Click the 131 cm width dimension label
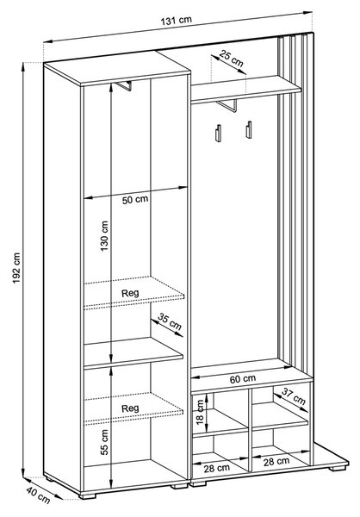(x=176, y=20)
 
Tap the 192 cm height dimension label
(x=16, y=268)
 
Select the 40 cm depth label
(x=38, y=495)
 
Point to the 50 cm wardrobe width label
(x=135, y=200)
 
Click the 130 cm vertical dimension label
(x=104, y=236)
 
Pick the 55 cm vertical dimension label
(x=104, y=442)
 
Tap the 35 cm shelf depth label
(x=170, y=321)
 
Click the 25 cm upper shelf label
(x=231, y=59)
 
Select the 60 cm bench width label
(x=243, y=379)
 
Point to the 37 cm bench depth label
(x=294, y=396)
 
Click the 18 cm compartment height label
(x=200, y=412)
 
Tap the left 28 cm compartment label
(x=216, y=468)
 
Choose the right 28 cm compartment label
(x=276, y=461)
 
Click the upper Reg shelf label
(x=130, y=293)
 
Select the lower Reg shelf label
(x=130, y=408)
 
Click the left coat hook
(x=218, y=133)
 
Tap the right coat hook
(x=249, y=129)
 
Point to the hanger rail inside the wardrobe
(x=124, y=85)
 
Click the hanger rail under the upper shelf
(x=227, y=105)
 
